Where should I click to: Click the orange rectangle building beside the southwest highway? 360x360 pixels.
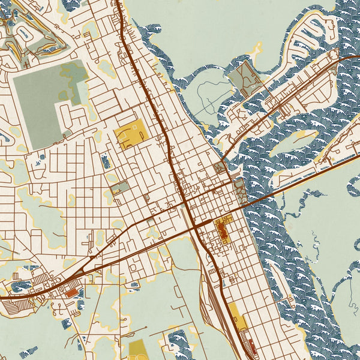(71, 292)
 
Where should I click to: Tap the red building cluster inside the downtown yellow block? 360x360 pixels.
(220, 230)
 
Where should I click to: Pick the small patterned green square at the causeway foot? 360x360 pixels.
(220, 167)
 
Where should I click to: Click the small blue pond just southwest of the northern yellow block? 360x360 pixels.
(106, 160)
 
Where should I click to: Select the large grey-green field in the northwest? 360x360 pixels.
(39, 99)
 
